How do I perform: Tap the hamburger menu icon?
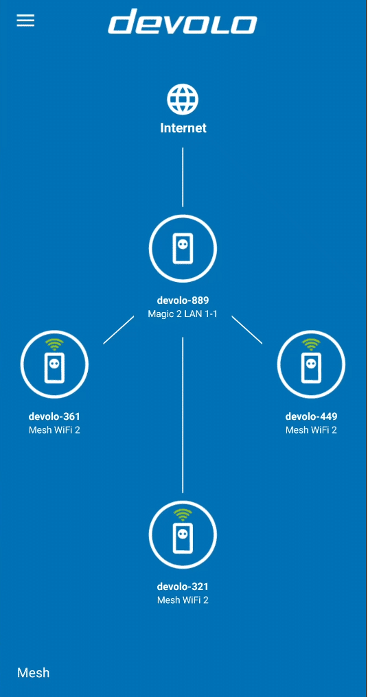(25, 21)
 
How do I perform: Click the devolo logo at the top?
(183, 21)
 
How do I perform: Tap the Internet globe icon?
(183, 99)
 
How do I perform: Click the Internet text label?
(183, 128)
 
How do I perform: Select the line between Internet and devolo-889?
(183, 178)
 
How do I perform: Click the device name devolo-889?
(183, 300)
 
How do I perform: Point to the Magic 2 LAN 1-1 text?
(183, 314)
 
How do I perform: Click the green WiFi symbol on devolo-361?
(54, 344)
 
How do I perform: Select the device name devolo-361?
(54, 416)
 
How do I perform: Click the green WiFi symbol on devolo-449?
(311, 344)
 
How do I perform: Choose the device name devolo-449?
(311, 416)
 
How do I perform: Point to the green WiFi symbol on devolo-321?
(183, 515)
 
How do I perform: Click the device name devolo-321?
(183, 587)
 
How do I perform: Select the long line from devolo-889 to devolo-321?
(183, 415)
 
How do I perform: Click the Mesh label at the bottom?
(34, 672)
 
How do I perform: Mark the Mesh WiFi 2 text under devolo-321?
(183, 600)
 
